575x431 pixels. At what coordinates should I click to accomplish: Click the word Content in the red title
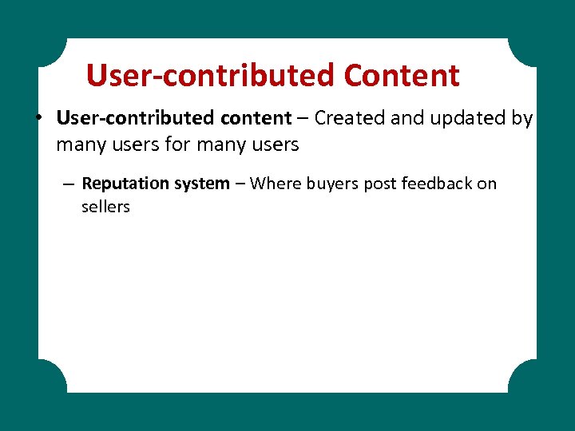pos(402,76)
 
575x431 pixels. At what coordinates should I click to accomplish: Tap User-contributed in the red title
pos(211,76)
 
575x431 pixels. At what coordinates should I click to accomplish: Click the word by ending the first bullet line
pos(521,119)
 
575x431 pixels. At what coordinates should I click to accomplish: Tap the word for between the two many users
pos(176,144)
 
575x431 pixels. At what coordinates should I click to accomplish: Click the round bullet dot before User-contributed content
pos(38,119)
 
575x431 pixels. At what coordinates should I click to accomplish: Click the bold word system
pos(203,184)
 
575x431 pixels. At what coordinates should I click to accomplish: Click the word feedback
pos(438,184)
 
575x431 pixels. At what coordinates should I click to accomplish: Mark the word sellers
pos(105,207)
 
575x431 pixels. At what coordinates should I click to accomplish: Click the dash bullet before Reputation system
pos(69,184)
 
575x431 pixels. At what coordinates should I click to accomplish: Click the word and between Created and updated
pos(408,118)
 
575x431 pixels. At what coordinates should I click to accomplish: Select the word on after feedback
pos(487,184)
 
